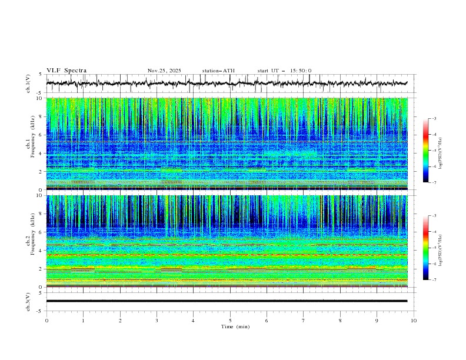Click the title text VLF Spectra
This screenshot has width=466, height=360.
(x=66, y=71)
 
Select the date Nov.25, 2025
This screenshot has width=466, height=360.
(x=164, y=71)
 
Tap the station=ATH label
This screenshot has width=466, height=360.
(x=218, y=71)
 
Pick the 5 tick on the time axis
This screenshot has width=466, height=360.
(x=230, y=320)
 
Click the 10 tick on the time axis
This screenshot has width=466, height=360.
(x=414, y=320)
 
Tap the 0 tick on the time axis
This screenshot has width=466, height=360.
(x=46, y=320)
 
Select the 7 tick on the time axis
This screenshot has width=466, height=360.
(x=304, y=320)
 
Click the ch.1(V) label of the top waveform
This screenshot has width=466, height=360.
(x=29, y=84)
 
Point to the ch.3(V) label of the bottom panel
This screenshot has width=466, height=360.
(x=29, y=301)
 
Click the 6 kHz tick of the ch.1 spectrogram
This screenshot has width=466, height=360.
(x=39, y=135)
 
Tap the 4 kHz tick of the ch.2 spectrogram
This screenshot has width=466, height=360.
(x=39, y=251)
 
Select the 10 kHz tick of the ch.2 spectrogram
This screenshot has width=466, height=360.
(x=38, y=196)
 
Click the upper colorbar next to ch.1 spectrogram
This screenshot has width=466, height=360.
(x=426, y=151)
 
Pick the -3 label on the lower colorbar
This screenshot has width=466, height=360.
(x=434, y=216)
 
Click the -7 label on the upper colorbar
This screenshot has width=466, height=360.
(x=434, y=182)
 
